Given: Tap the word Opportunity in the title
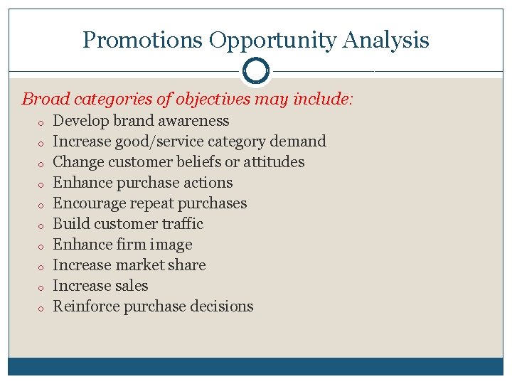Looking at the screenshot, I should coord(272,41).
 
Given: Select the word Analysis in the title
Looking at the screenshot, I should coord(385,41).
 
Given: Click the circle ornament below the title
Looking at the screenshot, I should coord(256,71).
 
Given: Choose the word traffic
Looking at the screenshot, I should coord(183,224).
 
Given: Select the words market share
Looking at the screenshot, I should coord(171,265).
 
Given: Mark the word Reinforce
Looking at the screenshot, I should coord(86,306).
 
